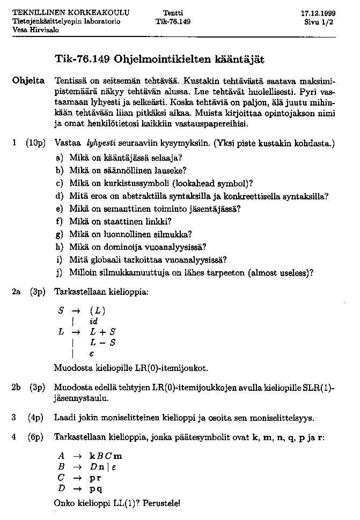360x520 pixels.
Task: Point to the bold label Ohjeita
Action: (x=28, y=81)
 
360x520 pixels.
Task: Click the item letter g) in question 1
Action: (x=60, y=234)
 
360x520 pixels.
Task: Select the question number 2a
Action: (x=17, y=292)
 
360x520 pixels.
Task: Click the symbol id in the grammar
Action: (x=94, y=321)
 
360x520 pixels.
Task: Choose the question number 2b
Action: (x=17, y=387)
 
